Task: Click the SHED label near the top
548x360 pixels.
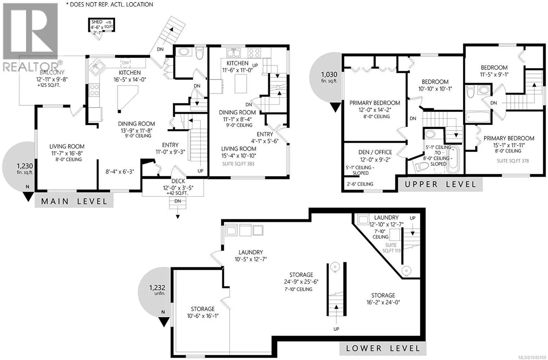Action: [x=97, y=22]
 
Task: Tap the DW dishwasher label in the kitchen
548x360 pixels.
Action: [x=125, y=63]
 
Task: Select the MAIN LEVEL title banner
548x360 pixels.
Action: [x=74, y=201]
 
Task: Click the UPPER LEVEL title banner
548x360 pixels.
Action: [x=440, y=184]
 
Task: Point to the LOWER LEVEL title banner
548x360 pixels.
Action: [x=383, y=348]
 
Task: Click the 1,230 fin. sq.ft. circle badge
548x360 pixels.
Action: [x=20, y=166]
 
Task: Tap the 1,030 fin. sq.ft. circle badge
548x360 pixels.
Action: [x=326, y=77]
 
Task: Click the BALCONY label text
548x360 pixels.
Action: [x=52, y=72]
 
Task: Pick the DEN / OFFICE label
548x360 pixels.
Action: [x=375, y=152]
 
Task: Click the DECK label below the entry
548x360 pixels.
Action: [x=178, y=181]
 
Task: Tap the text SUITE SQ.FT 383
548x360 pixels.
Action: [x=238, y=164]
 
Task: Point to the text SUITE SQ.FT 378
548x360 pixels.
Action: [x=513, y=161]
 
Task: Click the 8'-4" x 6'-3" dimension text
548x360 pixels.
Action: [x=120, y=172]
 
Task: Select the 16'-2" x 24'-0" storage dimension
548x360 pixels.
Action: [x=383, y=302]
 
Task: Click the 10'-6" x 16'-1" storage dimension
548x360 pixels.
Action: [x=203, y=316]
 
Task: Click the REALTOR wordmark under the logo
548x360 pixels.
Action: [x=30, y=66]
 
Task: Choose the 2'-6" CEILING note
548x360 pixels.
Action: [x=360, y=184]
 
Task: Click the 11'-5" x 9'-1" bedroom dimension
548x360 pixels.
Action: [x=494, y=74]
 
